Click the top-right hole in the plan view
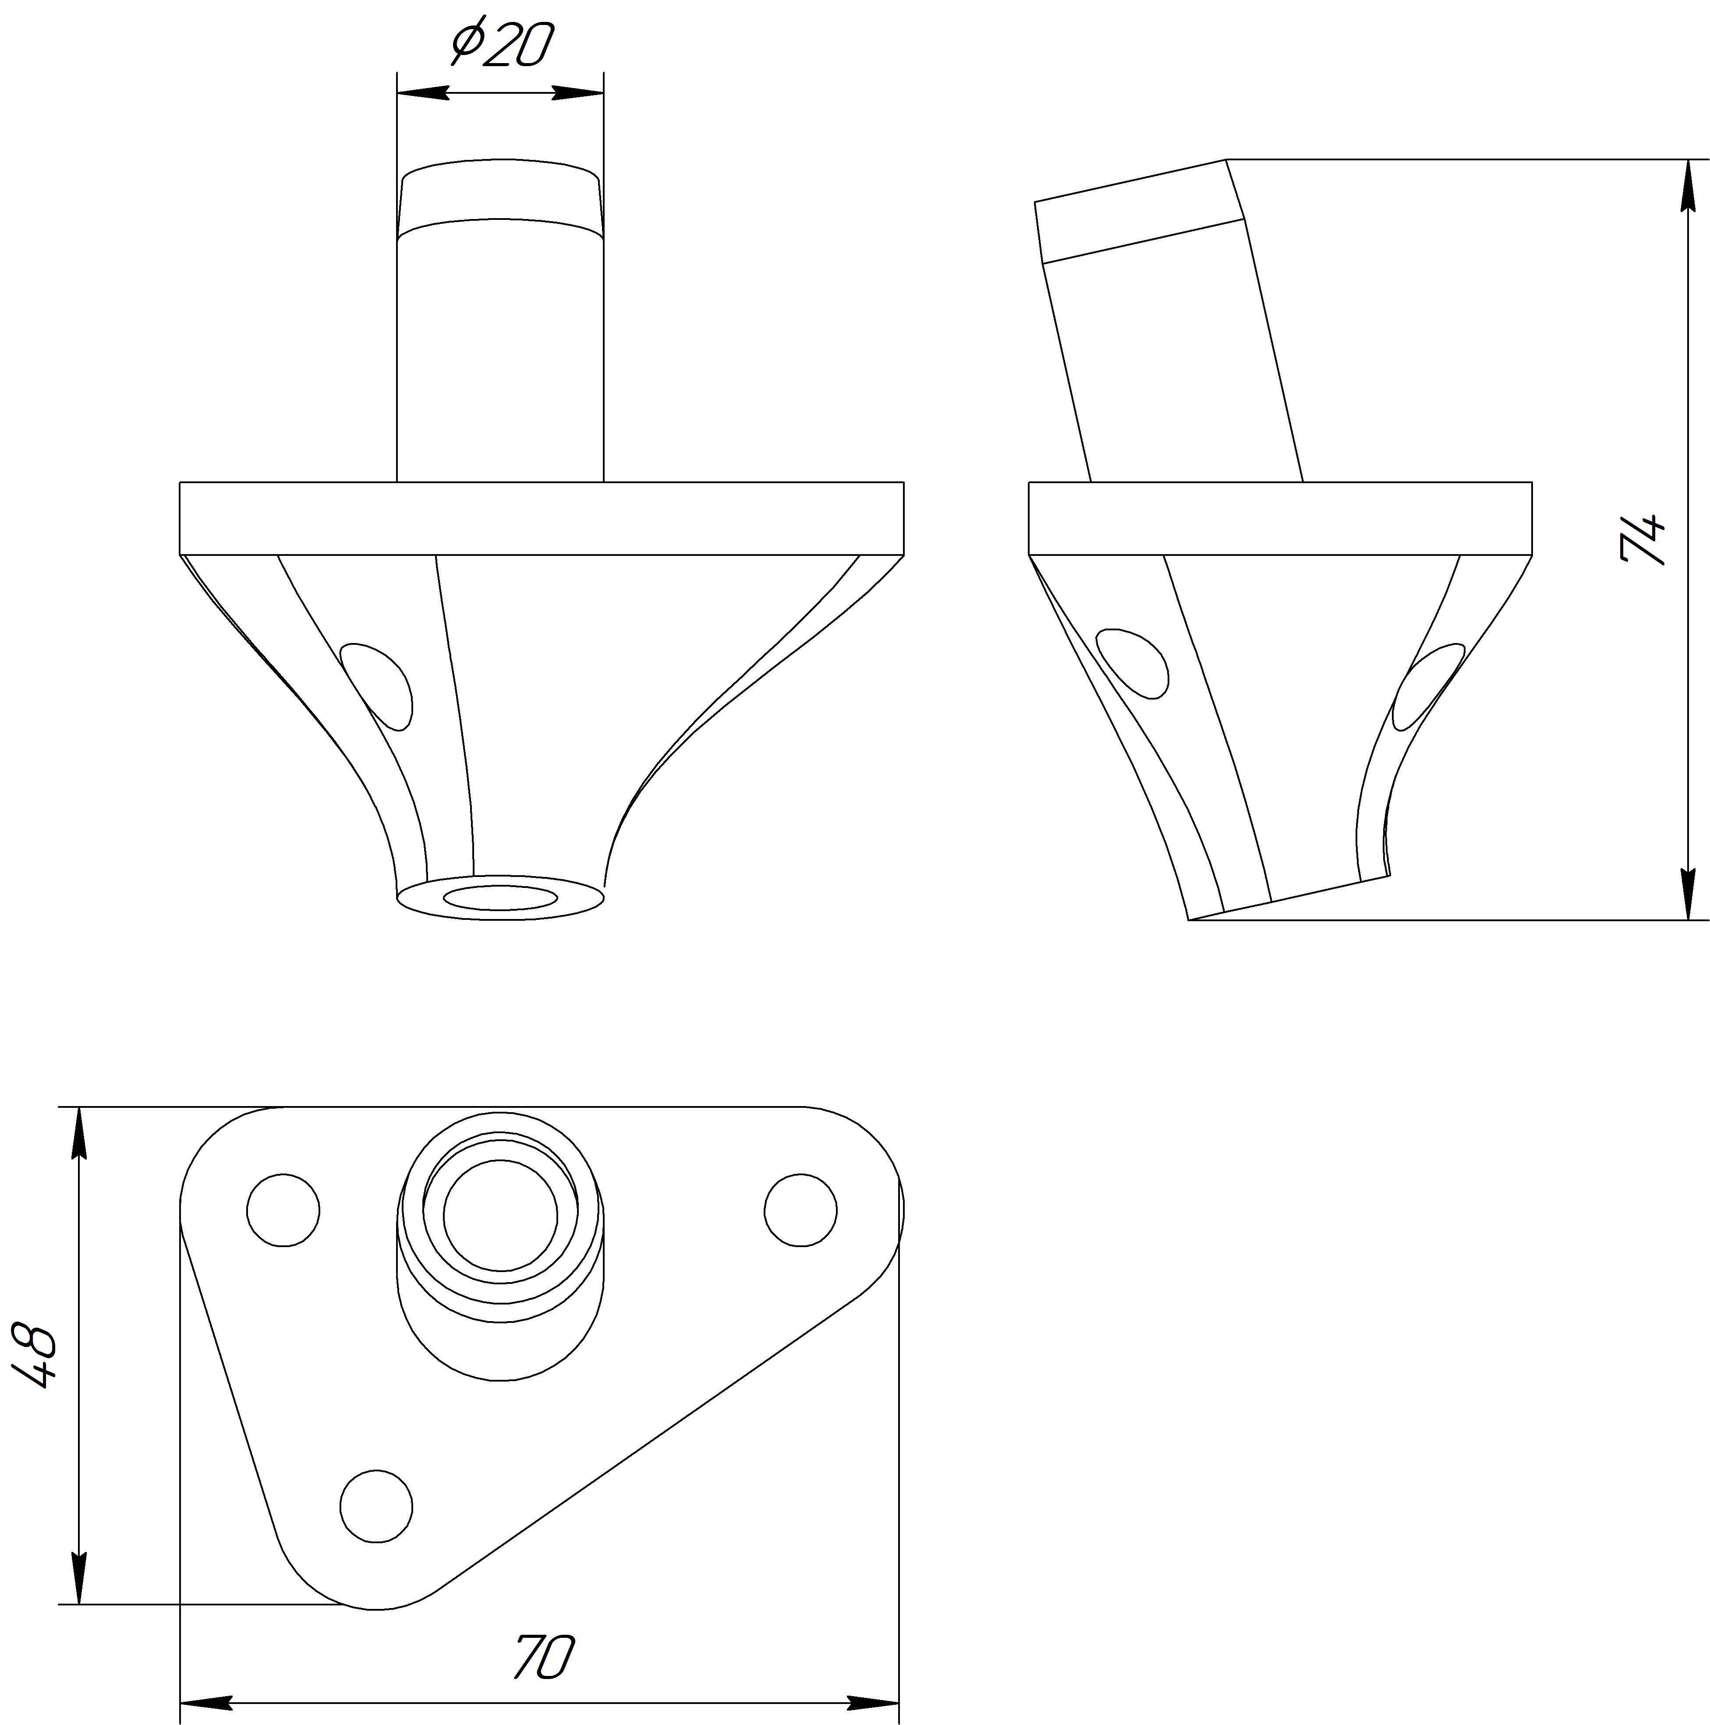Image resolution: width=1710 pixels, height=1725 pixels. [800, 1210]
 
